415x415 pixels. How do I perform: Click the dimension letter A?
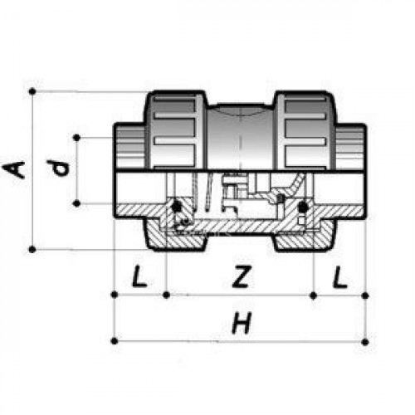pyautogui.click(x=13, y=170)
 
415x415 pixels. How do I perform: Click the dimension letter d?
pyautogui.click(x=58, y=168)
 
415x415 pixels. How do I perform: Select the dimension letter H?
pyautogui.click(x=242, y=323)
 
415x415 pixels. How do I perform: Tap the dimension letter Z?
pyautogui.click(x=242, y=276)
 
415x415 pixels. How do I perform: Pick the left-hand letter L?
pyautogui.click(x=139, y=276)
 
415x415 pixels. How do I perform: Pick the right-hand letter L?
pyautogui.click(x=340, y=276)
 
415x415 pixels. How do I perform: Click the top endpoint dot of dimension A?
pyautogui.click(x=32, y=91)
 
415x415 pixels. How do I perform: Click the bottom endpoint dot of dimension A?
pyautogui.click(x=32, y=250)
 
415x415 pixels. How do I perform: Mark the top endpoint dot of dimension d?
pyautogui.click(x=76, y=138)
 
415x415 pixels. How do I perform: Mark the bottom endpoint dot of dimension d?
pyautogui.click(x=76, y=204)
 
